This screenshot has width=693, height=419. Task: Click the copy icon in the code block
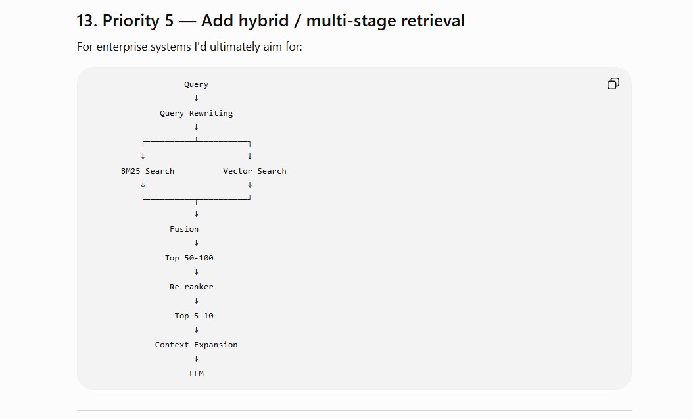[x=613, y=84]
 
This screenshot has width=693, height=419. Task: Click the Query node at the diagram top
[x=196, y=84]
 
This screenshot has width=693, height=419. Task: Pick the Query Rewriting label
[x=196, y=113]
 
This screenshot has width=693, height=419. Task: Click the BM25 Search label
[x=148, y=171]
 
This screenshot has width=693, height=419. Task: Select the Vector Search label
[x=254, y=171]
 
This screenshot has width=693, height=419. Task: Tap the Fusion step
[x=184, y=229]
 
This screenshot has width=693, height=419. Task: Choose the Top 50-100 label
[x=189, y=258]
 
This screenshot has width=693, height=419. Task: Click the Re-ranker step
[x=191, y=287]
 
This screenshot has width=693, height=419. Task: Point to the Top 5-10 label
[x=194, y=316]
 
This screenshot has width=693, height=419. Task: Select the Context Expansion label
[x=196, y=345]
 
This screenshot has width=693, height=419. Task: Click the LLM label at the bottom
[x=197, y=374]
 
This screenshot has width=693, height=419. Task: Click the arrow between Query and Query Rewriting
[x=196, y=98]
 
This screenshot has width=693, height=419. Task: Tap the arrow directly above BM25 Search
[x=143, y=156]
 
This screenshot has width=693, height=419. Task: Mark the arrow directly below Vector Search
[x=250, y=185]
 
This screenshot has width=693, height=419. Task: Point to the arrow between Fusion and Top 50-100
[x=196, y=243]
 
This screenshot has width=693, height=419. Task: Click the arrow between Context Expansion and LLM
[x=196, y=359]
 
